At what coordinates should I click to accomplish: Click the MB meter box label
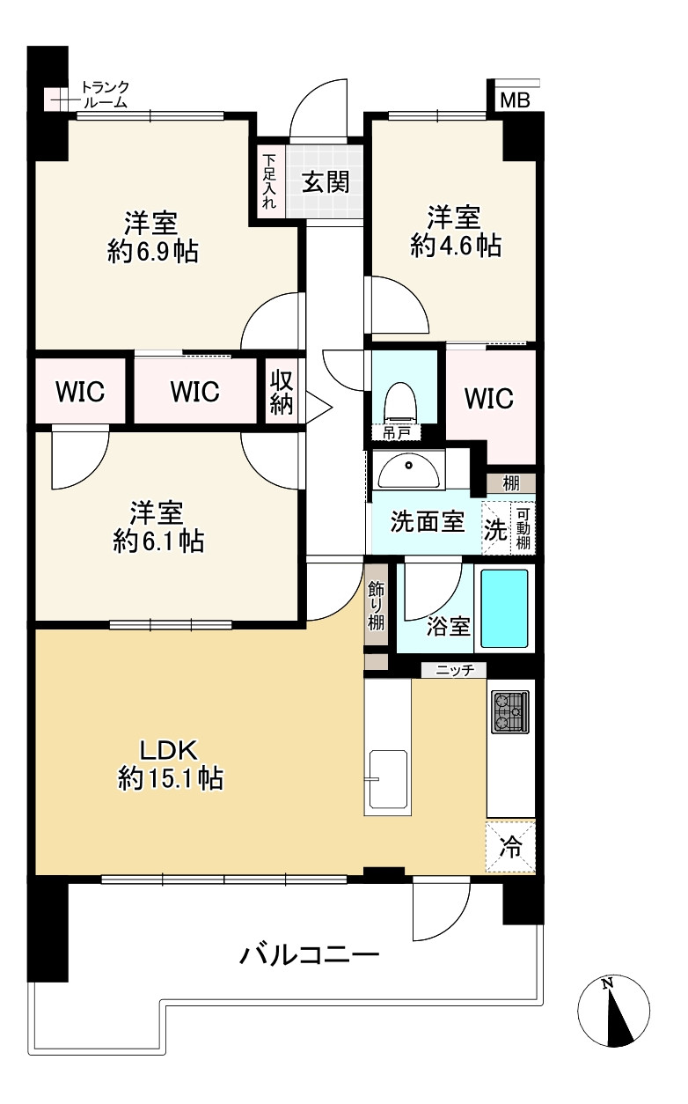515,100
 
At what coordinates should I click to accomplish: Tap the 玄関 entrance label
326,182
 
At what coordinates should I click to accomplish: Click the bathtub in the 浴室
504,608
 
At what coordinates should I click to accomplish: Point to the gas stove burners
510,711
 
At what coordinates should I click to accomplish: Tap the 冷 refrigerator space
510,847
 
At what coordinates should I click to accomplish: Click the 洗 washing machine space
496,528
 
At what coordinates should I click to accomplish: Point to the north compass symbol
613,1011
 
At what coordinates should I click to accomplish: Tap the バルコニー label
310,954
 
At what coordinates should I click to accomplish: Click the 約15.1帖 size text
171,779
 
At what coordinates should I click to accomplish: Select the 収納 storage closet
282,391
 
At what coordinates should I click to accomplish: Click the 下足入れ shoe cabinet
269,182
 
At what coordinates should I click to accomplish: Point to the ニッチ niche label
455,670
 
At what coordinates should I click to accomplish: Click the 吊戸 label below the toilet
396,433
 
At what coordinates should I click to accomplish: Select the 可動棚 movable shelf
523,528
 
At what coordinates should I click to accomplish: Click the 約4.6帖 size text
456,245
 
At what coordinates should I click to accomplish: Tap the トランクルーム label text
105,94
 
